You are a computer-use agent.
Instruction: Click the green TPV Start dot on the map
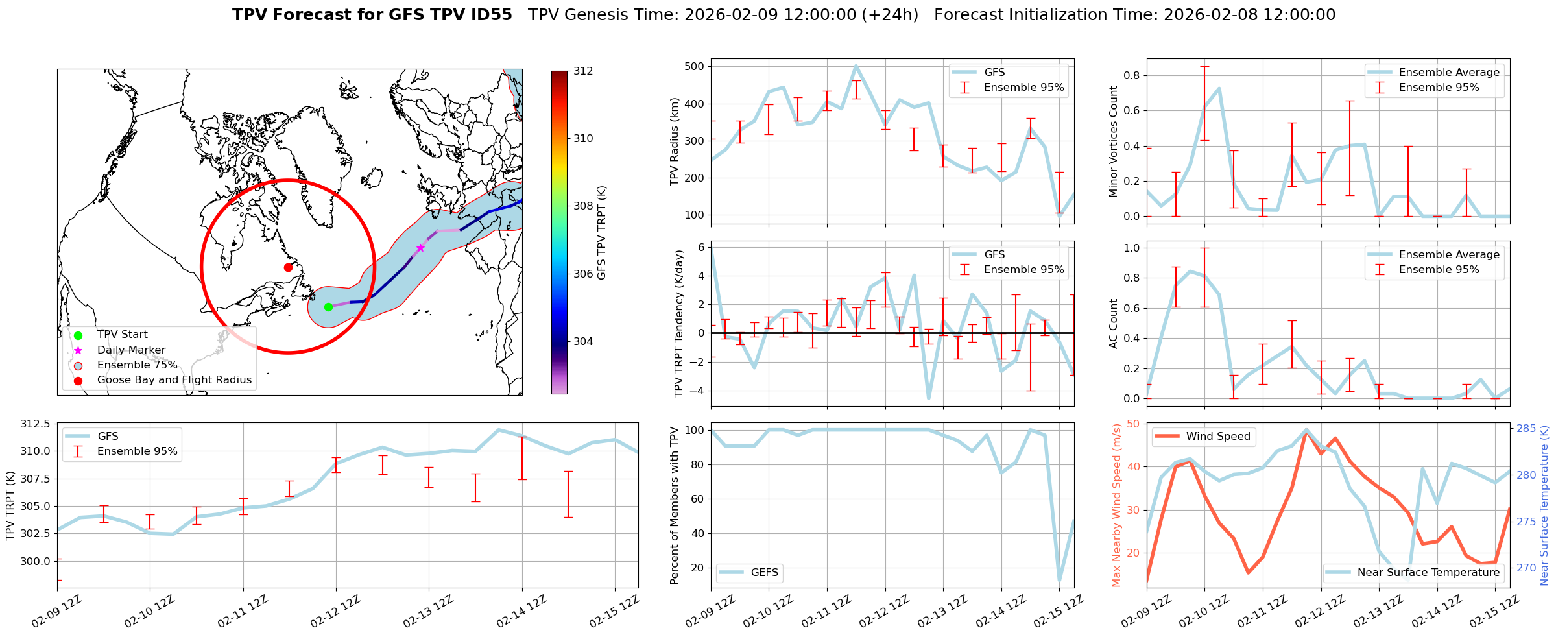pyautogui.click(x=328, y=307)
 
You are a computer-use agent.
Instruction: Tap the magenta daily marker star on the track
pyautogui.click(x=420, y=248)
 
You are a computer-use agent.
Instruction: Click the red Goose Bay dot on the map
pyautogui.click(x=288, y=267)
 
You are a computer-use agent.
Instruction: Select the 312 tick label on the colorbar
pyautogui.click(x=583, y=71)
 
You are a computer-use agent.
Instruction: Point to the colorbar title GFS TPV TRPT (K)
pyautogui.click(x=602, y=233)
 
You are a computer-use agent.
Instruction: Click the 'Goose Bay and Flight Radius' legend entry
pyautogui.click(x=174, y=380)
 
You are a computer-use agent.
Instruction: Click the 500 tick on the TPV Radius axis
pyautogui.click(x=695, y=67)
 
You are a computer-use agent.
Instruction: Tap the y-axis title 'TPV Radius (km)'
pyautogui.click(x=675, y=141)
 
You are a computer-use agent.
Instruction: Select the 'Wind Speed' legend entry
pyautogui.click(x=1217, y=437)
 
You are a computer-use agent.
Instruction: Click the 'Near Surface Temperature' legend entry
pyautogui.click(x=1428, y=573)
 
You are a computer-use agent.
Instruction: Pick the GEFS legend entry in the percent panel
pyautogui.click(x=764, y=573)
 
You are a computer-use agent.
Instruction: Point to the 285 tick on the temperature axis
pyautogui.click(x=1526, y=429)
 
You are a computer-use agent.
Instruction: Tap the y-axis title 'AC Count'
pyautogui.click(x=1114, y=324)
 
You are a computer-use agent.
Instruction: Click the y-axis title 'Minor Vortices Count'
pyautogui.click(x=1114, y=141)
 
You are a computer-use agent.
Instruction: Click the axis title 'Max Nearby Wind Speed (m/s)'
pyautogui.click(x=1117, y=505)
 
